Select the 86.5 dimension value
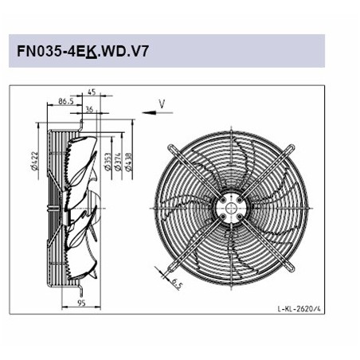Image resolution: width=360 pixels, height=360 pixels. click(x=67, y=102)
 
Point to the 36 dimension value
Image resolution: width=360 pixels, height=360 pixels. click(x=89, y=111)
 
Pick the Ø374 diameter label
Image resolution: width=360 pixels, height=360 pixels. click(x=117, y=161)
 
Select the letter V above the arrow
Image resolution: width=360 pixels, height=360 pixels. click(x=162, y=103)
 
